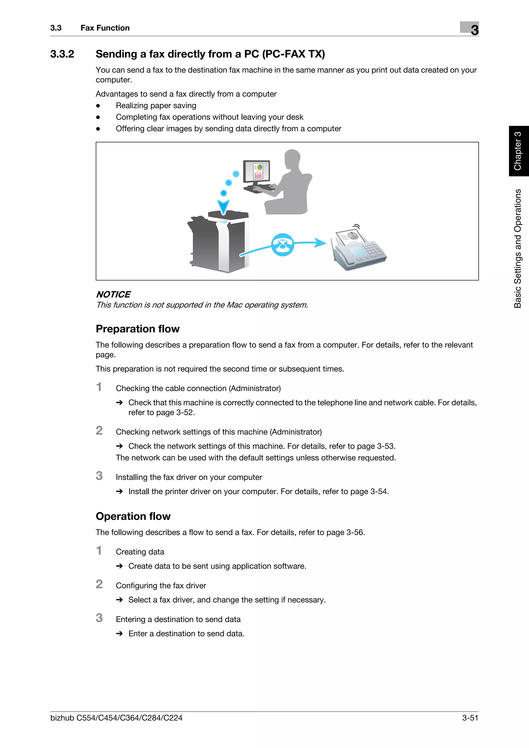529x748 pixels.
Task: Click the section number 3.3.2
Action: (x=62, y=54)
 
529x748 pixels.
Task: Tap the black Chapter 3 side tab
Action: (x=518, y=151)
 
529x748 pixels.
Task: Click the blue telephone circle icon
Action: (x=283, y=245)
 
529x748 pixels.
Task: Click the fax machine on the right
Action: (x=359, y=249)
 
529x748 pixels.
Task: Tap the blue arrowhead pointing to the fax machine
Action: (x=320, y=242)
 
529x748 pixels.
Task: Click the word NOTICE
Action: (x=113, y=294)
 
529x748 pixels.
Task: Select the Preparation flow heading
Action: (x=138, y=329)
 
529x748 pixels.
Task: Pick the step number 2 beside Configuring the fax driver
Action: (x=99, y=584)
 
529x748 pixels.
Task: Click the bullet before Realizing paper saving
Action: (x=98, y=106)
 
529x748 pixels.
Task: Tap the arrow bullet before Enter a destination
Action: (x=119, y=633)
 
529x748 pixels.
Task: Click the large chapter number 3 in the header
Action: (x=474, y=30)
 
